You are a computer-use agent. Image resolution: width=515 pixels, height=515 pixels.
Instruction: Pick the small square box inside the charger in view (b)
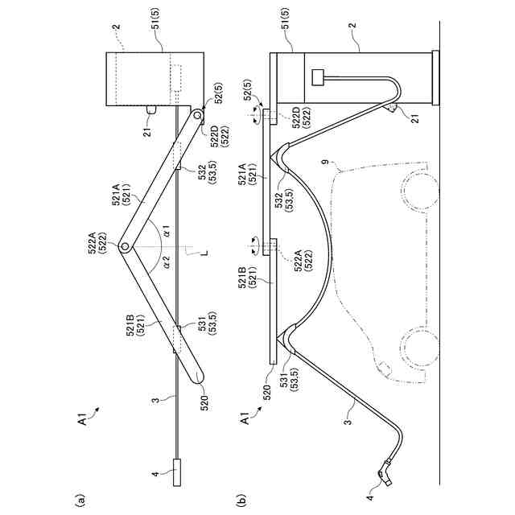[x=319, y=78]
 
